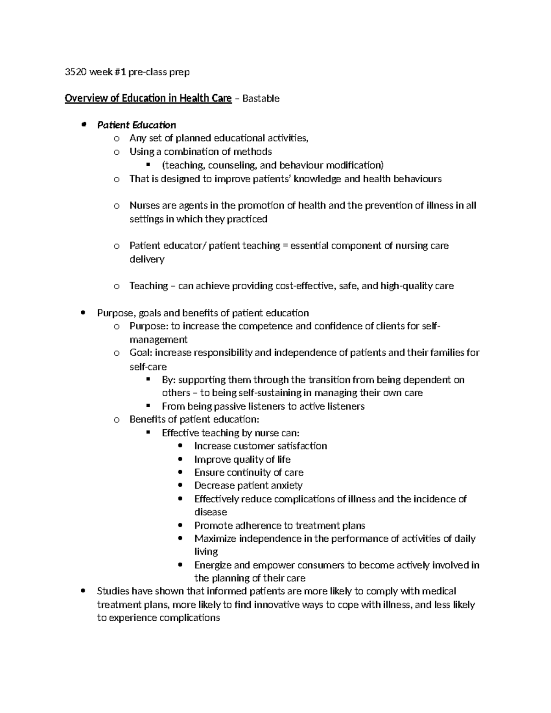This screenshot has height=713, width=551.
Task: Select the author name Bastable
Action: click(x=261, y=99)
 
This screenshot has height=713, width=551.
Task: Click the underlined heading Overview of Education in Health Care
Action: click(x=148, y=98)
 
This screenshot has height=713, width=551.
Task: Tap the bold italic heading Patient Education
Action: click(x=136, y=125)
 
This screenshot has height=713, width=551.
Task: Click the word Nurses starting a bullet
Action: click(x=145, y=206)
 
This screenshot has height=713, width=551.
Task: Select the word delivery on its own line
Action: click(x=146, y=259)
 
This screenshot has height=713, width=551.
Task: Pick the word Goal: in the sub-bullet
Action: click(x=141, y=353)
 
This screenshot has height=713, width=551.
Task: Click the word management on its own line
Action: click(x=158, y=340)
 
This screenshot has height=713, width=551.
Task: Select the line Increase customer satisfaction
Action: click(x=260, y=446)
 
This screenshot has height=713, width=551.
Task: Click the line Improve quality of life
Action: click(x=242, y=460)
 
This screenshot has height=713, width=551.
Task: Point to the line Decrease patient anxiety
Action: click(x=248, y=486)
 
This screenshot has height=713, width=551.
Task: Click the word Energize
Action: click(x=213, y=565)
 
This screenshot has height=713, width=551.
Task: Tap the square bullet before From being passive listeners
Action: click(x=148, y=406)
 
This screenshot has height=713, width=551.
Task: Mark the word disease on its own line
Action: click(x=210, y=512)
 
